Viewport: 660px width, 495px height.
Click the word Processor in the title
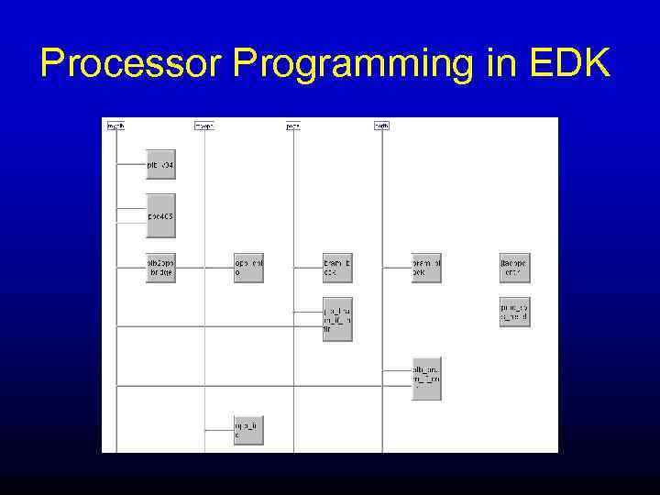132,63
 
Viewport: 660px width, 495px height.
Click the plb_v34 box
160,164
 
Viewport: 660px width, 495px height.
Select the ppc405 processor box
160,216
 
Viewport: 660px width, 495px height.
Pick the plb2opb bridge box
160,268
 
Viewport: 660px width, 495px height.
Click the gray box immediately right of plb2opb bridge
248,268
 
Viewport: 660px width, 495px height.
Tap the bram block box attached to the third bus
337,268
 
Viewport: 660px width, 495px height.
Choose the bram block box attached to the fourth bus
426,268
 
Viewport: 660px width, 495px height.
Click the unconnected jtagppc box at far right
515,268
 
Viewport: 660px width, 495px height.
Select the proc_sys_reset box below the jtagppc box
515,313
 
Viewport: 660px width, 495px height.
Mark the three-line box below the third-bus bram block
337,319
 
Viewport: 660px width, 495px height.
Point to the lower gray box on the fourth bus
426,378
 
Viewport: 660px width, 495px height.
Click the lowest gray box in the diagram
248,430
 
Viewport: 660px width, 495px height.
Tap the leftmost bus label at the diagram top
115,126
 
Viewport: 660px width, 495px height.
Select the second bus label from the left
204,126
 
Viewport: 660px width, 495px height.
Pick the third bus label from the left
293,126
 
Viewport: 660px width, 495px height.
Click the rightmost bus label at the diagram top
381,126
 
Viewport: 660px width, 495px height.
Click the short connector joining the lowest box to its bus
219,429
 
